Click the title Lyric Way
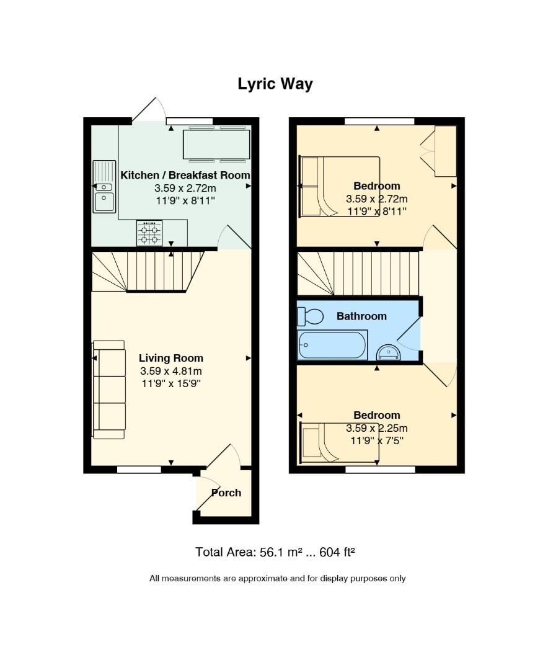pyautogui.click(x=275, y=84)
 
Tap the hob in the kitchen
pyautogui.click(x=149, y=233)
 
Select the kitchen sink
pyautogui.click(x=104, y=186)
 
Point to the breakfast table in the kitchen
pyautogui.click(x=216, y=145)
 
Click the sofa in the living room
pyautogui.click(x=109, y=390)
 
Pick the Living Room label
pyautogui.click(x=171, y=358)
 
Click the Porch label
pyautogui.click(x=226, y=493)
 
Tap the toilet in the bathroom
pyautogui.click(x=310, y=316)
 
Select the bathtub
pyautogui.click(x=332, y=345)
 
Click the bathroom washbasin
pyautogui.click(x=388, y=353)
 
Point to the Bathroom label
pyautogui.click(x=362, y=316)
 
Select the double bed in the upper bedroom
pyautogui.click(x=340, y=186)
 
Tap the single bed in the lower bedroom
pyautogui.click(x=340, y=443)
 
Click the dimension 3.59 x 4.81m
pyautogui.click(x=171, y=371)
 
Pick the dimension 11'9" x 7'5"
pyautogui.click(x=377, y=440)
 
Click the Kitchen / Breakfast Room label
pyautogui.click(x=185, y=175)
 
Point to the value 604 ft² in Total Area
pyautogui.click(x=337, y=552)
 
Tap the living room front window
pyautogui.click(x=139, y=470)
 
